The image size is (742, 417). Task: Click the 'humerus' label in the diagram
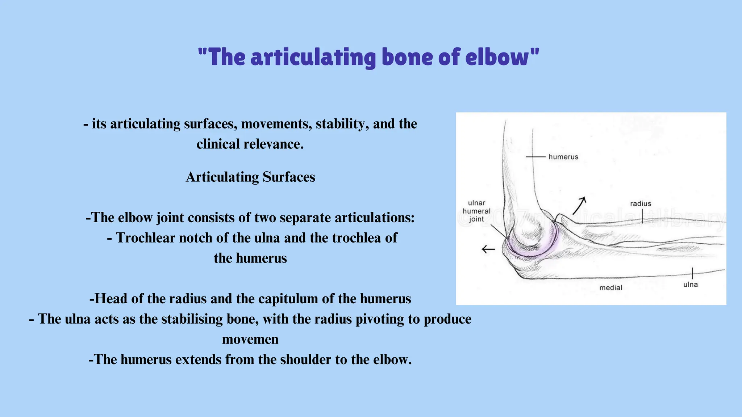pyautogui.click(x=563, y=157)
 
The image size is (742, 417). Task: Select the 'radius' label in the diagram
pyautogui.click(x=640, y=203)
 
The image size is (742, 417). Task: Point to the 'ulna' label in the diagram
pyautogui.click(x=690, y=285)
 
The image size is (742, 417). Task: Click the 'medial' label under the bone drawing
pyautogui.click(x=610, y=288)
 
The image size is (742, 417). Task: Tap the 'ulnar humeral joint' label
pyautogui.click(x=476, y=211)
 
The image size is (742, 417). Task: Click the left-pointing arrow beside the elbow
pyautogui.click(x=488, y=249)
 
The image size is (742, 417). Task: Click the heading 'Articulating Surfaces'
pyautogui.click(x=250, y=177)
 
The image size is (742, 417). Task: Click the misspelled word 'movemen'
pyautogui.click(x=250, y=339)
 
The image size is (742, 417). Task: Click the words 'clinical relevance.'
pyautogui.click(x=250, y=144)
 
